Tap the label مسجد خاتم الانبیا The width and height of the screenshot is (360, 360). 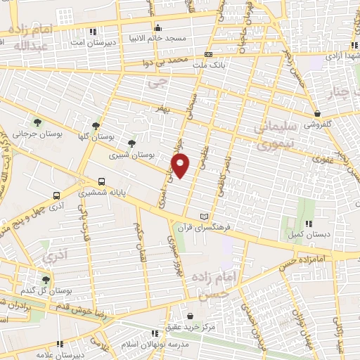point(155,37)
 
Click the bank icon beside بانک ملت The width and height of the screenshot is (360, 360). point(208,54)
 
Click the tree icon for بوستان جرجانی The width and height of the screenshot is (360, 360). point(37,122)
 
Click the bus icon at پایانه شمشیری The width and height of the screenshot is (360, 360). point(103,181)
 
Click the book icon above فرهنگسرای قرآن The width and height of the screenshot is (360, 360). point(205,217)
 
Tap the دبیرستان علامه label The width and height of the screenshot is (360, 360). point(60,354)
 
